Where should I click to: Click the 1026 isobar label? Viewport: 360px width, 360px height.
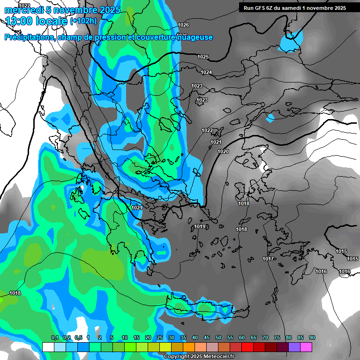coord(184,25)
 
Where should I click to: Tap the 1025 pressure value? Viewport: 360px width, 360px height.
coord(203,57)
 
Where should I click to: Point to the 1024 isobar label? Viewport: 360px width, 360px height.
coord(206,72)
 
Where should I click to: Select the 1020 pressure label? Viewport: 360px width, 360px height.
coord(223,151)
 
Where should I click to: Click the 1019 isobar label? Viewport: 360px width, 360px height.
coord(200,227)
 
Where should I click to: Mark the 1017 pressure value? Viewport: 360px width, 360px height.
coord(268,259)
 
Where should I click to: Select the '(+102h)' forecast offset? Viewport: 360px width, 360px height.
coord(83,21)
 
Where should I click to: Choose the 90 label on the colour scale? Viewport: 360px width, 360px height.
coord(312,338)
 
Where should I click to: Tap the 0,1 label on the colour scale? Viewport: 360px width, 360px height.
coord(54,338)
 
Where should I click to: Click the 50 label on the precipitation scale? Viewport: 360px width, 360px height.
coord(218,338)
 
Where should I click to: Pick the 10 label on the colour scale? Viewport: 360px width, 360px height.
coord(125,338)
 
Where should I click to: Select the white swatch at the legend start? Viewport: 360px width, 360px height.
coord(48,347)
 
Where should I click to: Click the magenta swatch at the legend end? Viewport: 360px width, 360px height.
coord(306,347)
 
